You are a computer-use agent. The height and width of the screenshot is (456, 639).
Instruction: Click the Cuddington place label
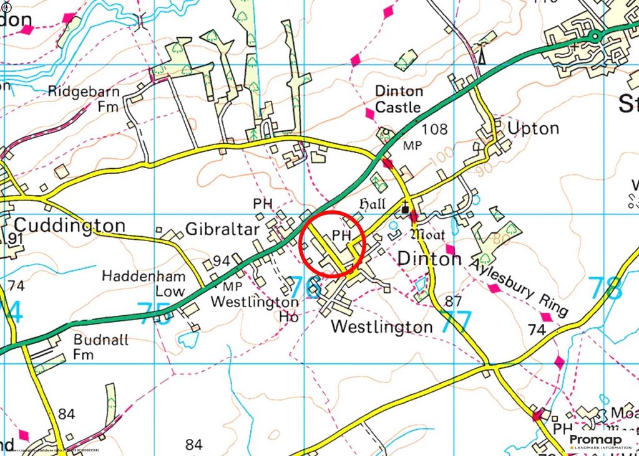tap(69, 225)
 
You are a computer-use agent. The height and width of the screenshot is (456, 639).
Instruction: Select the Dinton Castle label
tap(398, 100)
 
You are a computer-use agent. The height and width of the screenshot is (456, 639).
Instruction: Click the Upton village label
tap(533, 128)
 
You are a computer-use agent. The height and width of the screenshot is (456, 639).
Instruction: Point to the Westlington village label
tap(381, 326)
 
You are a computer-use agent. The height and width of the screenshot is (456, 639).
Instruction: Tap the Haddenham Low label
tap(144, 283)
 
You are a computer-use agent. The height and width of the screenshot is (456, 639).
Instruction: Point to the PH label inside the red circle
tap(340, 235)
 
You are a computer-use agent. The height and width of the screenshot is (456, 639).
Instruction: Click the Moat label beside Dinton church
tap(427, 235)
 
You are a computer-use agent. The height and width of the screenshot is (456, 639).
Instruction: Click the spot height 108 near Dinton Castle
tap(434, 130)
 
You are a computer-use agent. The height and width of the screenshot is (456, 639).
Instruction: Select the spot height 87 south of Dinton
tap(454, 302)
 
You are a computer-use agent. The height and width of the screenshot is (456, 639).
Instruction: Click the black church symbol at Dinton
tap(406, 210)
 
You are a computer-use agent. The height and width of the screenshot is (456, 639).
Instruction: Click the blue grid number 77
tap(456, 321)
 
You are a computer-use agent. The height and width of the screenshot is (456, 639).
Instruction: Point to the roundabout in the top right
tap(595, 36)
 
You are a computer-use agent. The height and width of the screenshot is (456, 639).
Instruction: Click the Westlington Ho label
tap(255, 309)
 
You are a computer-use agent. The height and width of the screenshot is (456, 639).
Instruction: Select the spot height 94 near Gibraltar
tap(222, 261)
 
